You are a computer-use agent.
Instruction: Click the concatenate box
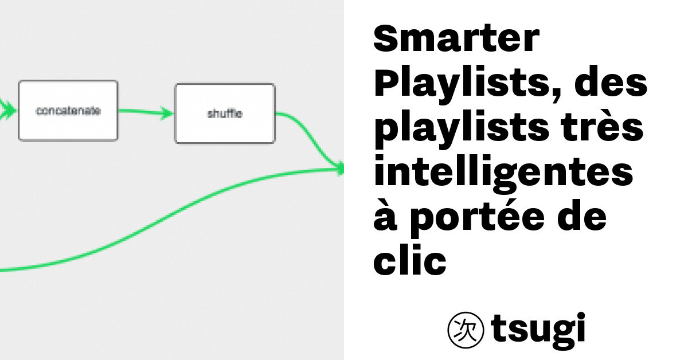[x=68, y=111]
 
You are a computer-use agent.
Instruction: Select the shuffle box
[x=225, y=114]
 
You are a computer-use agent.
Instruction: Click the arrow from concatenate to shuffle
[x=146, y=112]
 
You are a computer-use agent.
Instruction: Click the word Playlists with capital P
[x=467, y=83]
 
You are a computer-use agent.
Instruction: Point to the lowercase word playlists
[x=462, y=128]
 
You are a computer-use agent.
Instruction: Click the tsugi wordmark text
[x=538, y=331]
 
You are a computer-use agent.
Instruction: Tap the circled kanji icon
[x=466, y=330]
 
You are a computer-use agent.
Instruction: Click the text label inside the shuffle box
[x=225, y=114]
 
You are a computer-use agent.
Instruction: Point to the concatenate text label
[x=68, y=111]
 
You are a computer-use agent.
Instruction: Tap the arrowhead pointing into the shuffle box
[x=167, y=113]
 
